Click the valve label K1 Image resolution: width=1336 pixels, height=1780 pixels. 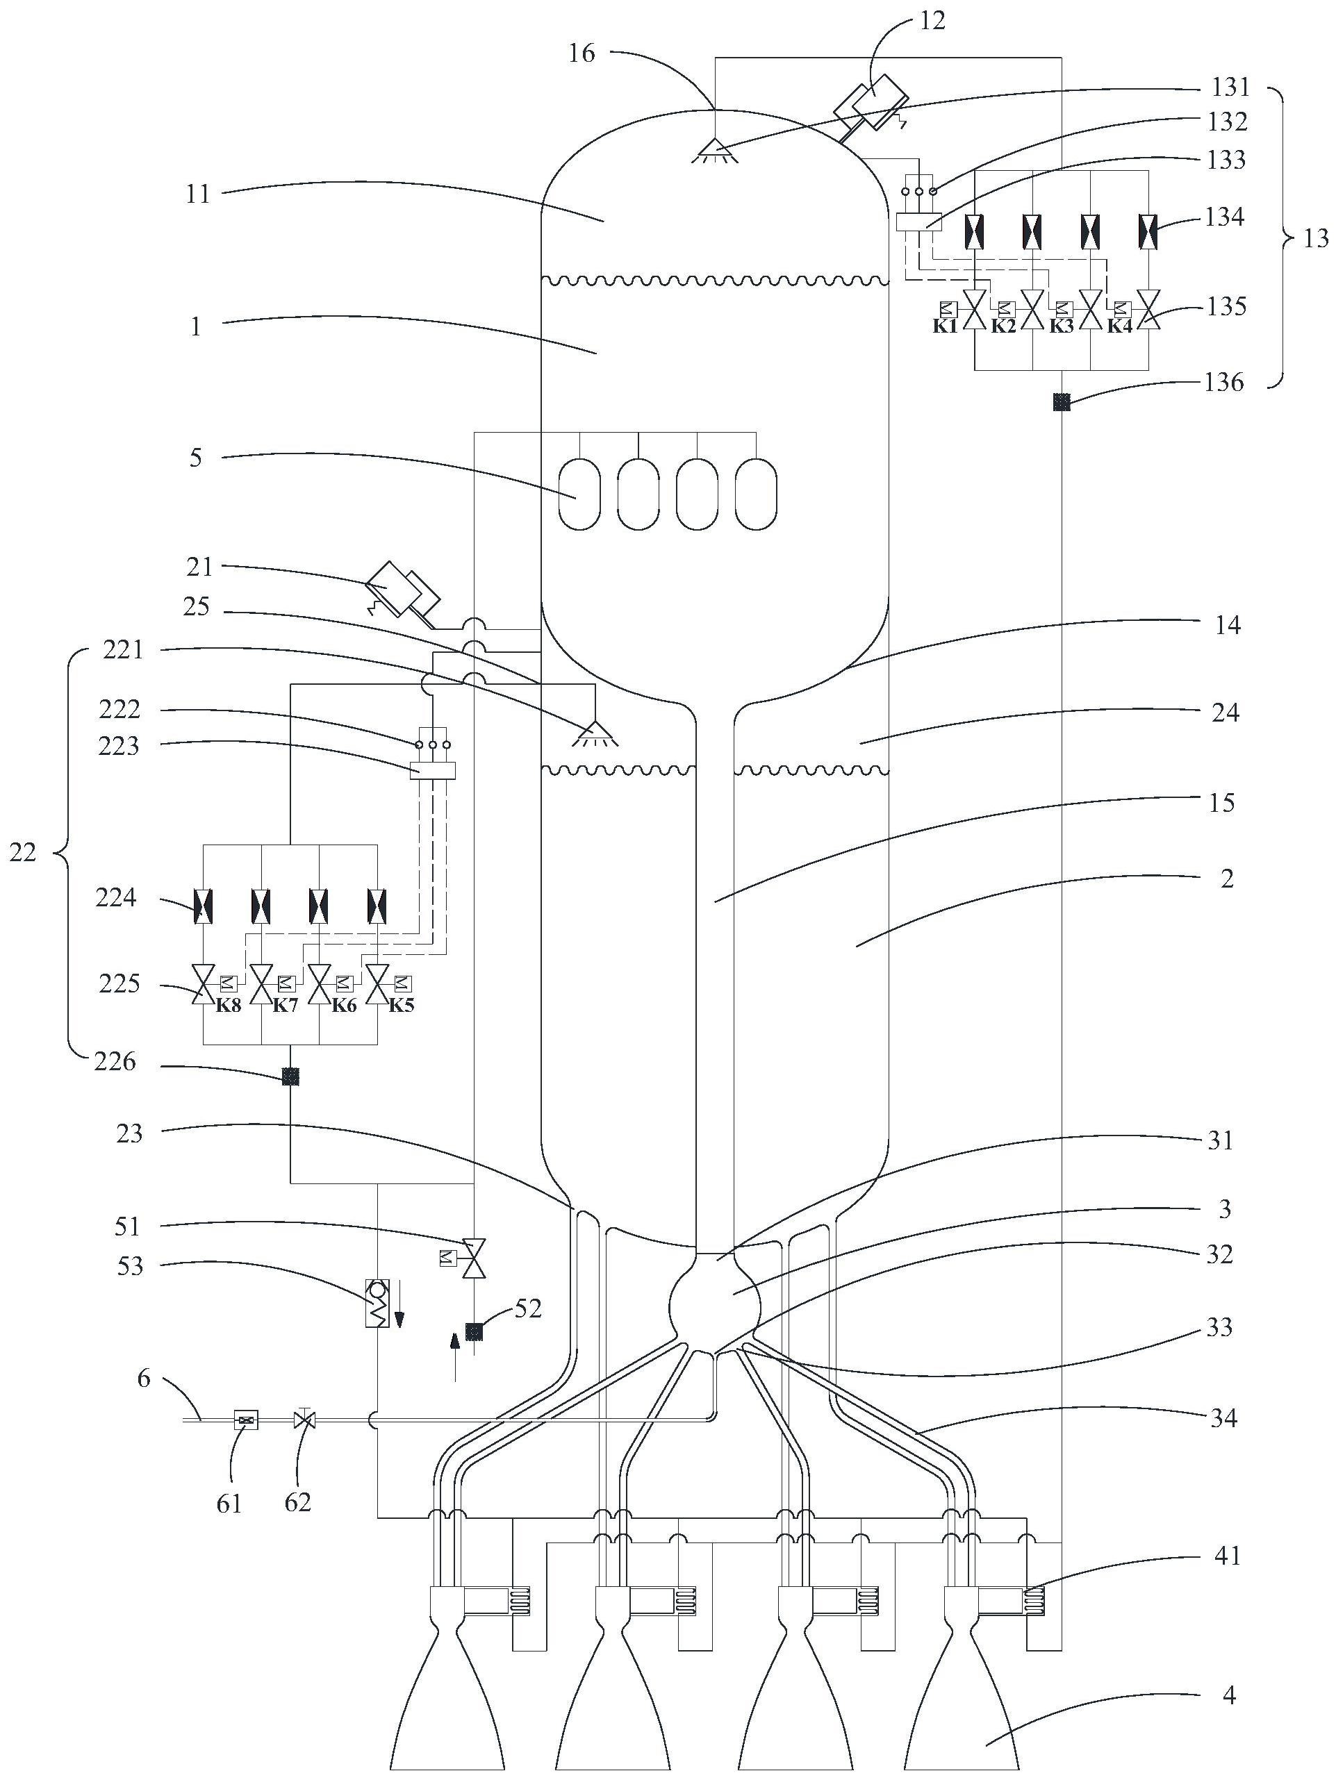coord(945,326)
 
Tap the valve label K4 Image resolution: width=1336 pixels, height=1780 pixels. coord(1119,326)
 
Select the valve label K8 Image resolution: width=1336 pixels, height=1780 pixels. coord(229,1005)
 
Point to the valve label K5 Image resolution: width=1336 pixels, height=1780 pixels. coord(401,1005)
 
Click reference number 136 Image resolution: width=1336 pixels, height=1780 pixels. coord(1224,382)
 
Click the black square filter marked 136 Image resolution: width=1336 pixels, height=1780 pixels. coord(1062,401)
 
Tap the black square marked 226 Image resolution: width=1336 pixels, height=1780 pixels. coord(290,1076)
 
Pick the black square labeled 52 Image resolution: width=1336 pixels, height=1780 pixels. coord(474,1332)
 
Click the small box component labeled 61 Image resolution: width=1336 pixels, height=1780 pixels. coord(245,1420)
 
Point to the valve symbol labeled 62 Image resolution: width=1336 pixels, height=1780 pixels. coord(304,1420)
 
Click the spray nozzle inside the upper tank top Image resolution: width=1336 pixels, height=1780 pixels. coord(714,150)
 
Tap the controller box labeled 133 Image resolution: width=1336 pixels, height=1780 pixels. coord(918,222)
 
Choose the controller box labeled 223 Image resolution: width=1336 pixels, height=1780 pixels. coord(433,770)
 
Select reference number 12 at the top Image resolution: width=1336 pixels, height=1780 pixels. coord(932,21)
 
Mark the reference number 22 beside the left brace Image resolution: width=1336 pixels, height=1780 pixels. coord(22,852)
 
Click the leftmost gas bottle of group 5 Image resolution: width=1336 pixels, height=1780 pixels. coord(579,494)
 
